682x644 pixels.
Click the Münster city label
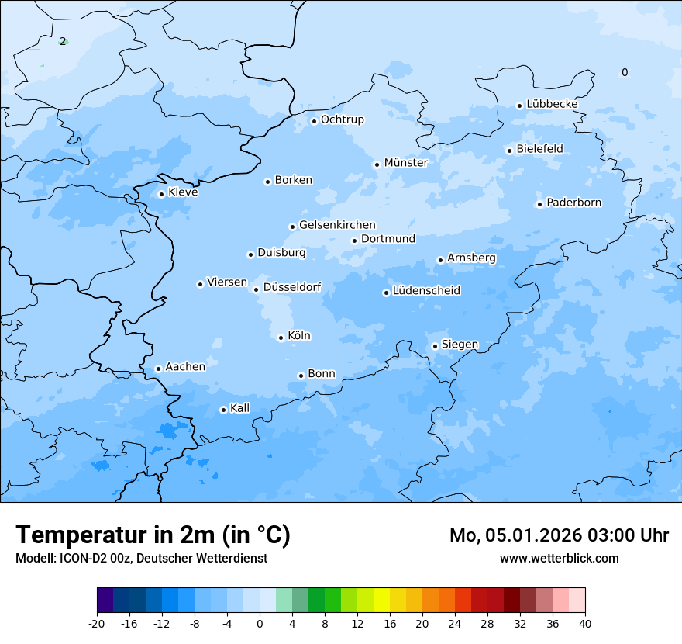[x=405, y=163]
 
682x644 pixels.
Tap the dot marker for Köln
[x=281, y=338]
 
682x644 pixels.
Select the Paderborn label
[x=573, y=203]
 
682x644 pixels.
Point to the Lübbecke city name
[x=552, y=104]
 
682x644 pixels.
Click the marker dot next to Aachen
[x=158, y=369]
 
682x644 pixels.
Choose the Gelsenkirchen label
[x=337, y=225]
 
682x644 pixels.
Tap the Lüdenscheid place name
[x=426, y=291]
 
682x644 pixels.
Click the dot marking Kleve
[x=161, y=194]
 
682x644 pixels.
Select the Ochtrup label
[x=342, y=119]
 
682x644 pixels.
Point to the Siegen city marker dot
[x=435, y=346]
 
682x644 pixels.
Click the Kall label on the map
[x=240, y=408]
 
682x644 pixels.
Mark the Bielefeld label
[x=539, y=148]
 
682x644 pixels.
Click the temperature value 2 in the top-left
[x=63, y=41]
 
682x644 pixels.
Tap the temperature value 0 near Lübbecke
[x=625, y=72]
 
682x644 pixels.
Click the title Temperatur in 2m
[x=153, y=535]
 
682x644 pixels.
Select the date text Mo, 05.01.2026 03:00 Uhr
[x=559, y=535]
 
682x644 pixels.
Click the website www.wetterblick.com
[x=559, y=558]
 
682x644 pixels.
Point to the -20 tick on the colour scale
[x=97, y=623]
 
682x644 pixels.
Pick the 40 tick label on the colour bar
[x=585, y=623]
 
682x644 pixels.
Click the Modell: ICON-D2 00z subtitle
[x=141, y=558]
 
